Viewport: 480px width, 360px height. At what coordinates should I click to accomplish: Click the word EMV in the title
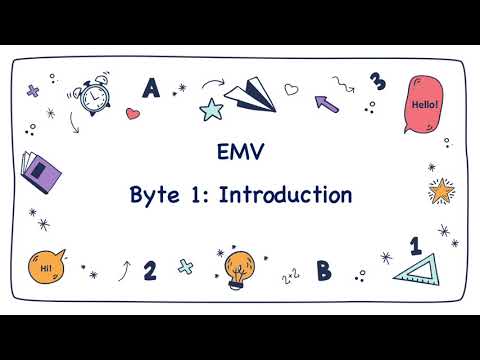pos(240,153)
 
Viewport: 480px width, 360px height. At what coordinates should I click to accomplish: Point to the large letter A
pos(151,89)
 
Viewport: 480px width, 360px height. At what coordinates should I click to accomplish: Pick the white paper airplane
pos(248,96)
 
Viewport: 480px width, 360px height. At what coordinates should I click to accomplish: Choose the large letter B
pos(323,270)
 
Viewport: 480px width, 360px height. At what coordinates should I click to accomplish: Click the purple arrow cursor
pos(326,101)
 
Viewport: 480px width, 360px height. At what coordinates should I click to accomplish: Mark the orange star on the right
pos(439,189)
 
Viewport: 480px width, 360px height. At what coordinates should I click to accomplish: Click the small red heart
pos(133,114)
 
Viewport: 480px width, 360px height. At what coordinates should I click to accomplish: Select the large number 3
pos(377,81)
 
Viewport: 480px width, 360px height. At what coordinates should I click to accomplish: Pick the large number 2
pos(150,270)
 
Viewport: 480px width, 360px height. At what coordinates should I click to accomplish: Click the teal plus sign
pos(185,267)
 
